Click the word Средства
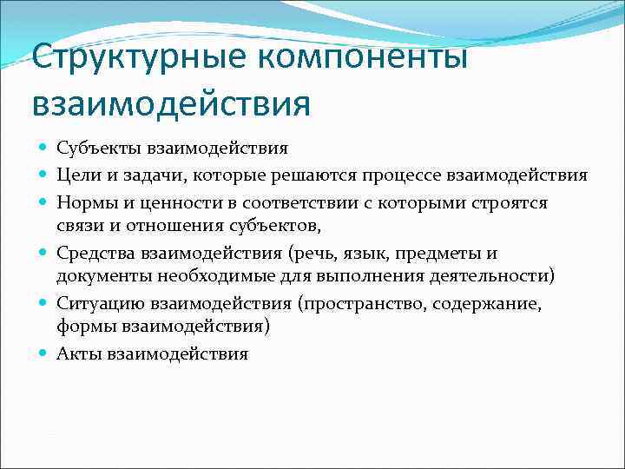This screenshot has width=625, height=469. [92, 253]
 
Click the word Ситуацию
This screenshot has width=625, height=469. [95, 303]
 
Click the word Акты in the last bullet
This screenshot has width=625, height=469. [77, 353]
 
